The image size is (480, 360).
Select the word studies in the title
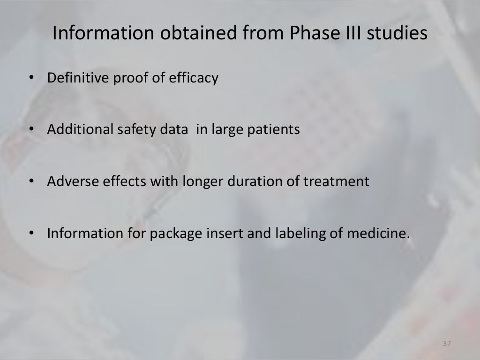[x=398, y=33]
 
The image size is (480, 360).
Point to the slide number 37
[x=446, y=345]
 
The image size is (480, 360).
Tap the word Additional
[x=79, y=129]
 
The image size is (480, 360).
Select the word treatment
[x=343, y=181]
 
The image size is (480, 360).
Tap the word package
[x=176, y=233]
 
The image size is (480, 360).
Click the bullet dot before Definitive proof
[x=32, y=78]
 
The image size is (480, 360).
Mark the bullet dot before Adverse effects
[x=32, y=181]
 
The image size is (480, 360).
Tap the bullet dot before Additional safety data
[x=32, y=130]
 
